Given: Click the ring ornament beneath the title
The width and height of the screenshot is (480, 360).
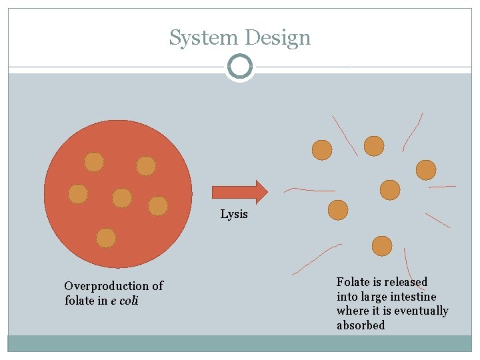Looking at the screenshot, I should tap(240, 67).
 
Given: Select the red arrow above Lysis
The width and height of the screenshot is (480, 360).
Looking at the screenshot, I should tap(239, 191).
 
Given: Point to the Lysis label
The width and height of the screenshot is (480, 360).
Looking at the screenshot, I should tap(234, 214).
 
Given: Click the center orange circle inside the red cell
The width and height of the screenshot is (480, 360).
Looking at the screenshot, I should tap(122, 198).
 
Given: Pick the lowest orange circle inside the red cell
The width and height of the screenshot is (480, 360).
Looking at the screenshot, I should tap(106, 238).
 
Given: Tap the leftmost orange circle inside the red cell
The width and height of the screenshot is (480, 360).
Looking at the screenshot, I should tap(78, 194).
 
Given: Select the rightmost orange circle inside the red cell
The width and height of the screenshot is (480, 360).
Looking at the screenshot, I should tap(158, 206).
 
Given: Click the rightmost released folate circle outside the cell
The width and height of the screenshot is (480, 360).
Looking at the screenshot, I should tap(426, 170).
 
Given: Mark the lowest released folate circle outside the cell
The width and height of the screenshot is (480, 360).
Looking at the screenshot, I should tap(382, 246).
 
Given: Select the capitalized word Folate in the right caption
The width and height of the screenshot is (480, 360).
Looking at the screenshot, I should tap(353, 282).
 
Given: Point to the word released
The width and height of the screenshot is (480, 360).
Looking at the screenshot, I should tap(405, 282).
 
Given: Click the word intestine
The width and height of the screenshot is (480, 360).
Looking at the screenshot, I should tap(414, 297).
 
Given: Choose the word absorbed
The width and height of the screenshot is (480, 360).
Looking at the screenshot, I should tap(361, 325).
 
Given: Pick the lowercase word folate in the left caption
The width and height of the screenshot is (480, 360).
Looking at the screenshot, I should tap(81, 301).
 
